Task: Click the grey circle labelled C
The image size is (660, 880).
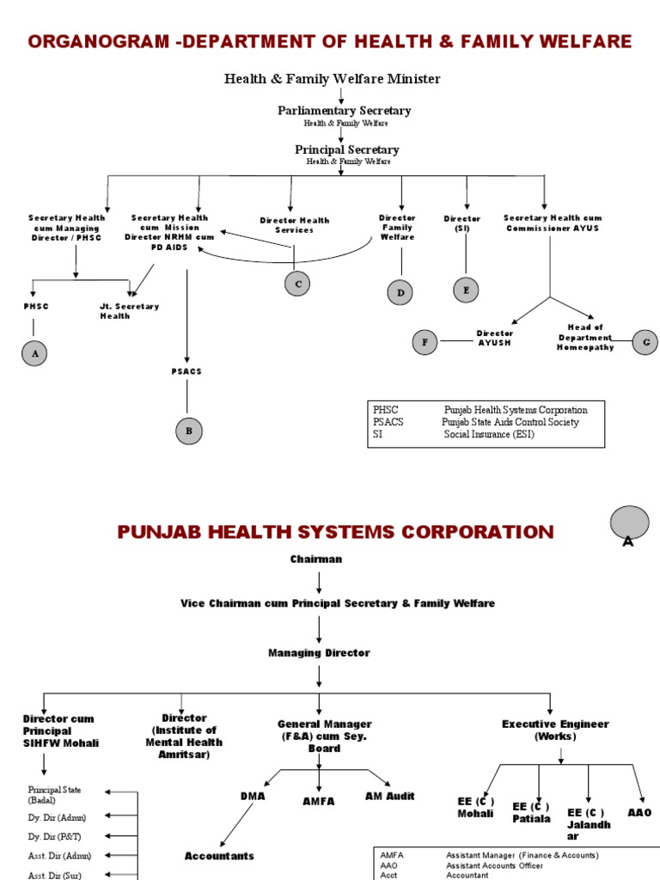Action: click(297, 283)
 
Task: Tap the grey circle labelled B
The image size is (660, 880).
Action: click(190, 431)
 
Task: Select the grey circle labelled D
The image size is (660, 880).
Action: click(400, 292)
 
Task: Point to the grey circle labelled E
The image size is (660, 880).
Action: click(466, 290)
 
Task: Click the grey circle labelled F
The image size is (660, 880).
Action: click(424, 342)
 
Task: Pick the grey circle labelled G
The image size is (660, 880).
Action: click(645, 342)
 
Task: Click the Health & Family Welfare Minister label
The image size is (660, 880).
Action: click(333, 79)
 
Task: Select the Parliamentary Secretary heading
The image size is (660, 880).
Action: click(344, 111)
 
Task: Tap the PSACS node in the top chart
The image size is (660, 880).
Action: click(186, 371)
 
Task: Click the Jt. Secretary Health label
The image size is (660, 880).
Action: click(129, 311)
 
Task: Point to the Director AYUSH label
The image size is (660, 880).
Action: click(495, 338)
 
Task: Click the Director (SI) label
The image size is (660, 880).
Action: click(462, 223)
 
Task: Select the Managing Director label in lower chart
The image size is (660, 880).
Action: click(319, 653)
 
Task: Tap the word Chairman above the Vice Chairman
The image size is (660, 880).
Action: click(316, 559)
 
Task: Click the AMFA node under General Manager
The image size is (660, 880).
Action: click(318, 801)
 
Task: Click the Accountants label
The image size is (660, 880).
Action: click(219, 856)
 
